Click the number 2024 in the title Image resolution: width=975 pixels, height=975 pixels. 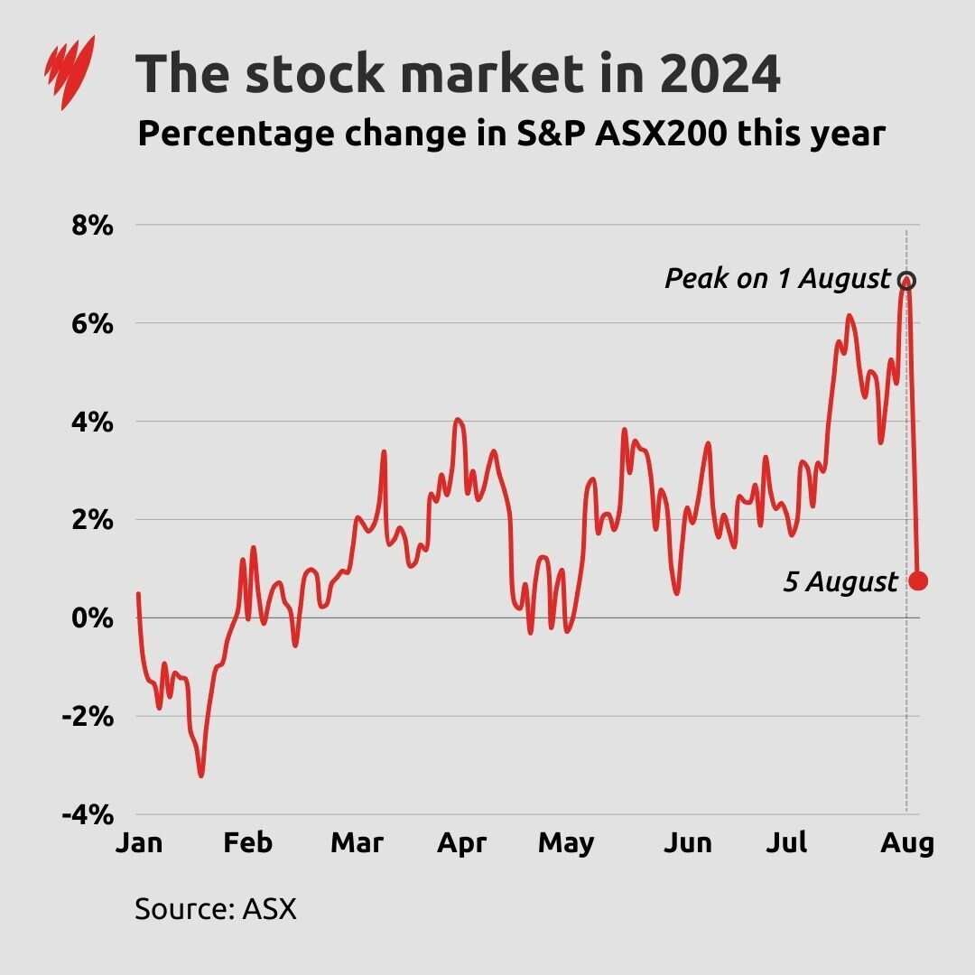click(719, 74)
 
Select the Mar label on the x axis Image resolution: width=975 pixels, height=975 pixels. click(357, 842)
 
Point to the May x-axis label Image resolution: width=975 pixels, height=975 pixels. click(566, 842)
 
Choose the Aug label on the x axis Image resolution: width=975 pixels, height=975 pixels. click(906, 842)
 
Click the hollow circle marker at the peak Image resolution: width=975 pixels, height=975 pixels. click(906, 280)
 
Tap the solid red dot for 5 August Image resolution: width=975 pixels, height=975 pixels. click(918, 580)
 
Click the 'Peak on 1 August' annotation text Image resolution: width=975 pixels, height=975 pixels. click(777, 279)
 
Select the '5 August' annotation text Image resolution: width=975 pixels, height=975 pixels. click(840, 582)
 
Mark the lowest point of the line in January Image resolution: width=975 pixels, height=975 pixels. click(200, 775)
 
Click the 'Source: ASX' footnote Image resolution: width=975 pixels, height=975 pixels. click(215, 907)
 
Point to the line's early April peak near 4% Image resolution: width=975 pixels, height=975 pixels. click(458, 420)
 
